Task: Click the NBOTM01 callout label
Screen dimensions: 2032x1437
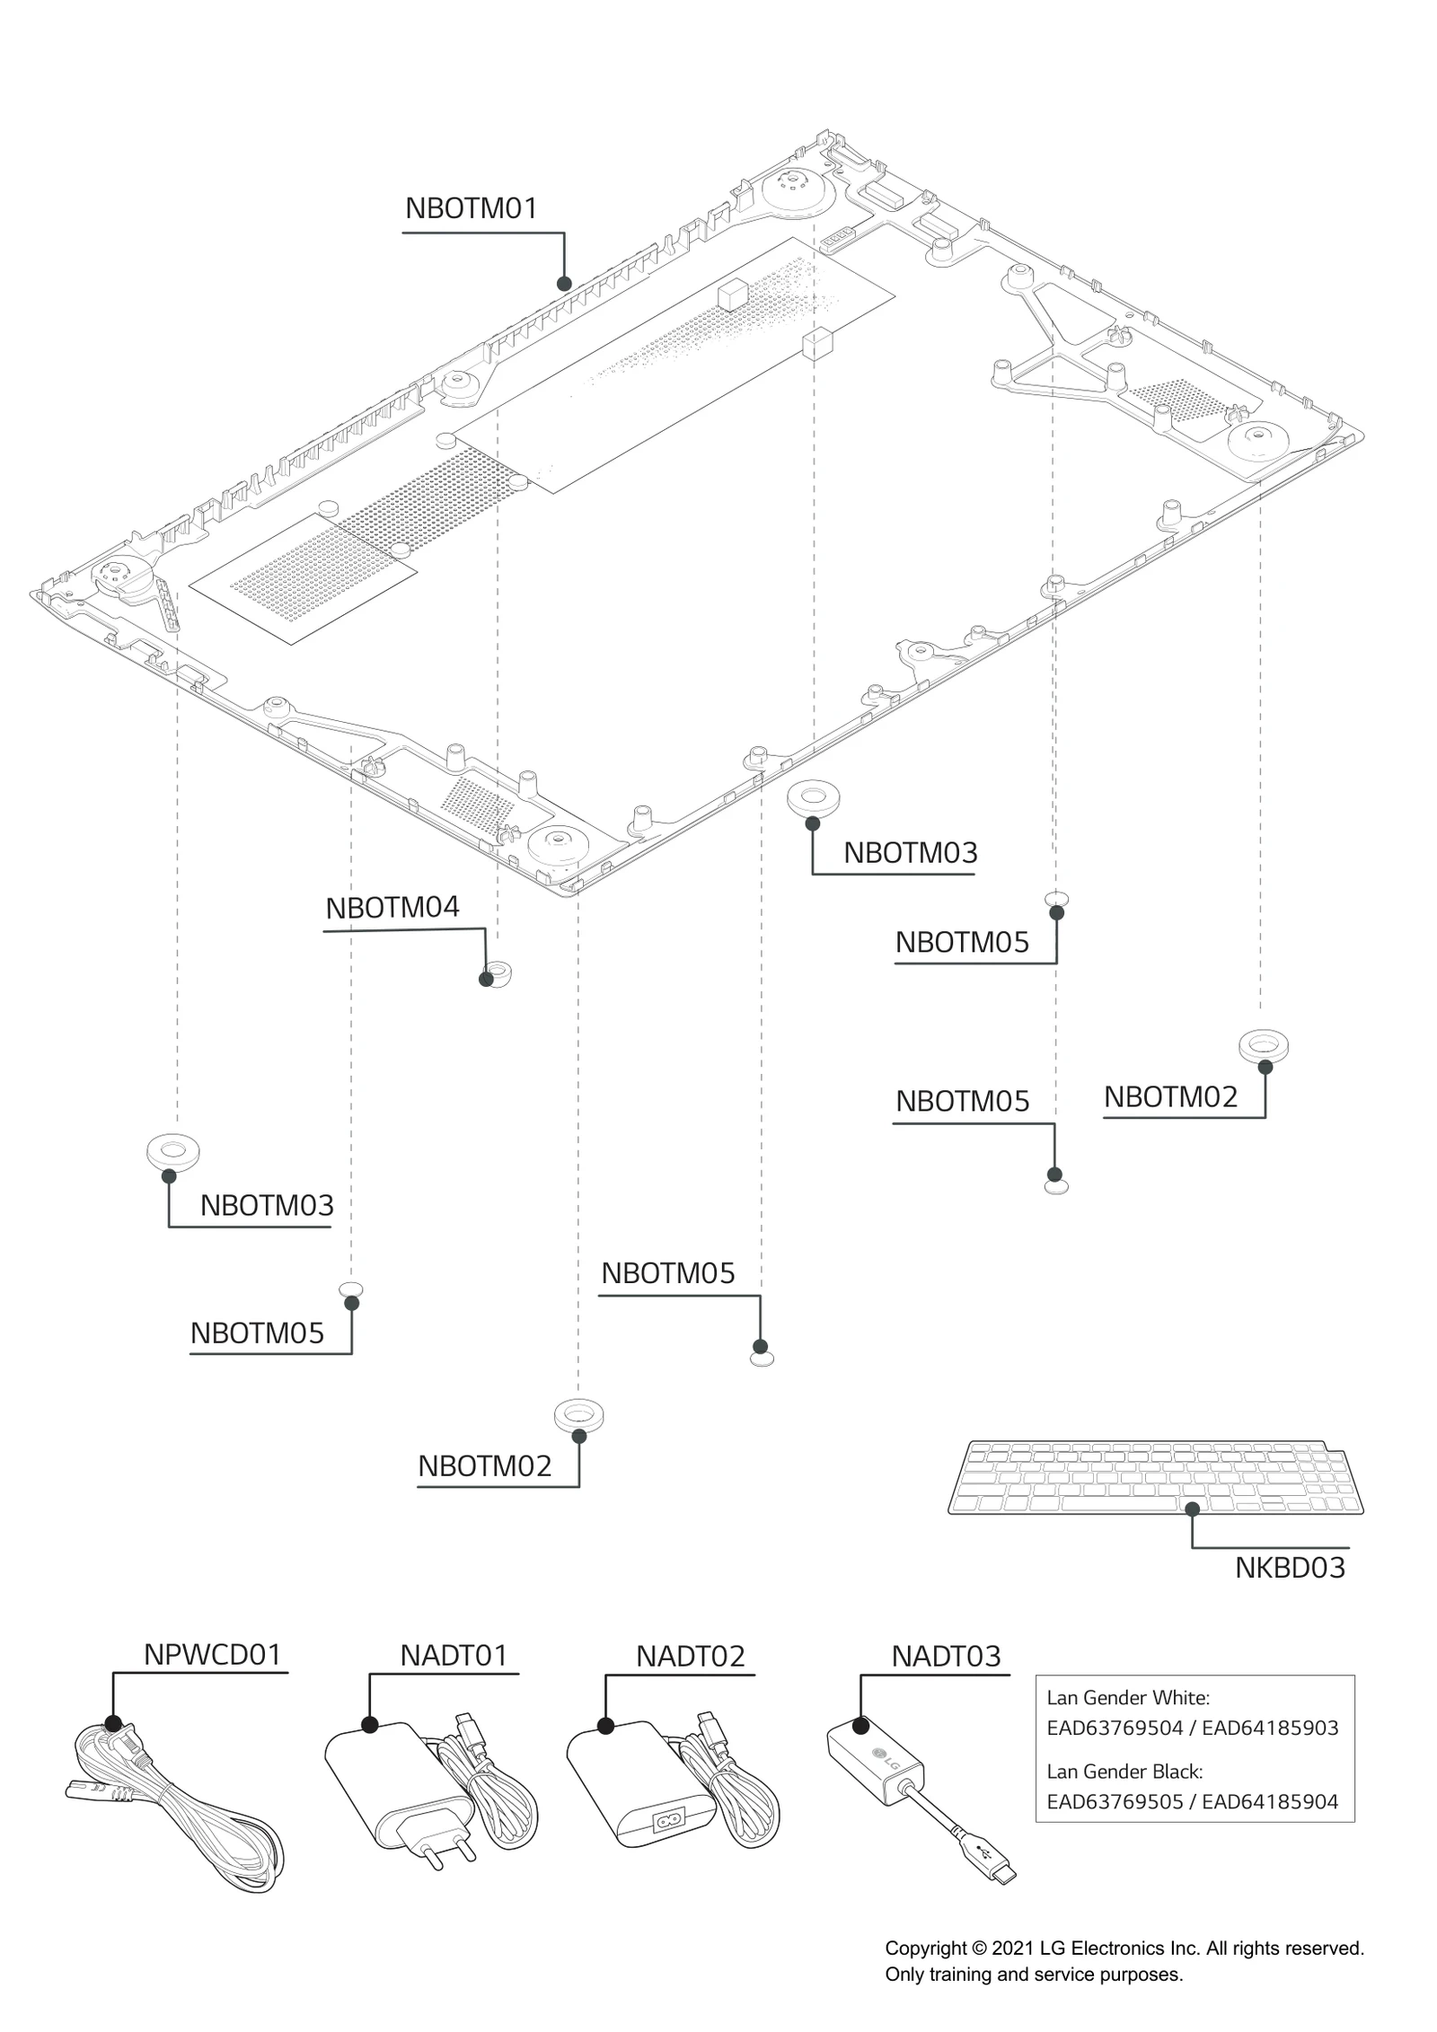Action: pyautogui.click(x=471, y=208)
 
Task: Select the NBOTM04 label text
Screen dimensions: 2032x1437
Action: pyautogui.click(x=392, y=908)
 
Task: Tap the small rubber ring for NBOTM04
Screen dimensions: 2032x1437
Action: pyautogui.click(x=496, y=972)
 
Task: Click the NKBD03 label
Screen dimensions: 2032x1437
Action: pyautogui.click(x=1289, y=1568)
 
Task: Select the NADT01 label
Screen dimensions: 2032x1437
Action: pyautogui.click(x=454, y=1655)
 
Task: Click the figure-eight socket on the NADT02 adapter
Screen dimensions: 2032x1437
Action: pyautogui.click(x=669, y=1822)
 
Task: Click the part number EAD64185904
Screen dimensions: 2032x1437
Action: pyautogui.click(x=1269, y=1801)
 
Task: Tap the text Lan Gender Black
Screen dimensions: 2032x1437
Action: pyautogui.click(x=1124, y=1772)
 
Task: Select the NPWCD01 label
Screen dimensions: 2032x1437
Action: pyautogui.click(x=213, y=1654)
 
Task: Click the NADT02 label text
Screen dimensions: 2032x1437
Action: pyautogui.click(x=690, y=1656)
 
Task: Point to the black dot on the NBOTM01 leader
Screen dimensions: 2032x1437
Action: pyautogui.click(x=564, y=284)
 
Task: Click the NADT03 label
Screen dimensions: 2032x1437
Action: pyautogui.click(x=945, y=1656)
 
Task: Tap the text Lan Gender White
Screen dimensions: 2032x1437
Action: pyautogui.click(x=1127, y=1697)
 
